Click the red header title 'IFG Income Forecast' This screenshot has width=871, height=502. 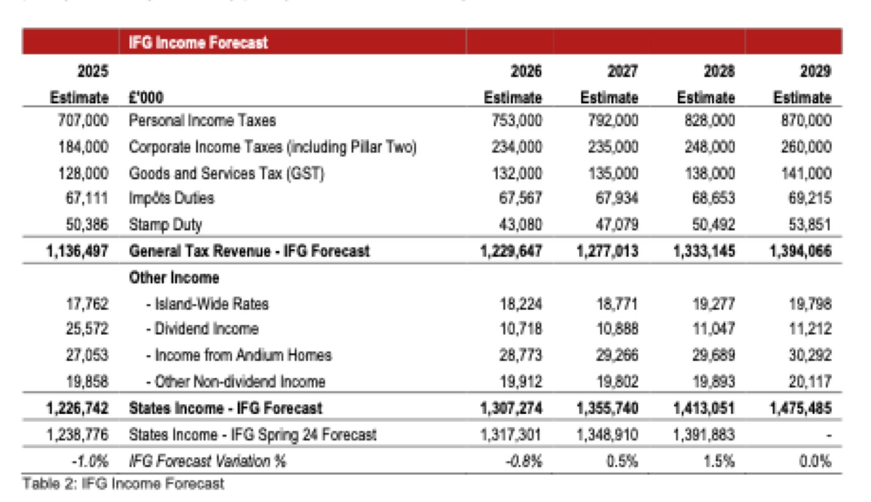pyautogui.click(x=198, y=42)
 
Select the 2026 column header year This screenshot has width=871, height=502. pyautogui.click(x=526, y=71)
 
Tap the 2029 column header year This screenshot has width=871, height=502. pyautogui.click(x=815, y=71)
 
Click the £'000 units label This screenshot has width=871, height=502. pyautogui.click(x=146, y=97)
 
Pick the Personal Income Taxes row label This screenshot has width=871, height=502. pyautogui.click(x=202, y=121)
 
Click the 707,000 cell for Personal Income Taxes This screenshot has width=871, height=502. pyautogui.click(x=83, y=121)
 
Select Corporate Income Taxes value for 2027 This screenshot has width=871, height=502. pyautogui.click(x=613, y=147)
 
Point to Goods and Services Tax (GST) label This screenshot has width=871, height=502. pyautogui.click(x=227, y=174)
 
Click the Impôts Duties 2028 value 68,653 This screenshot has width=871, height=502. pyautogui.click(x=714, y=198)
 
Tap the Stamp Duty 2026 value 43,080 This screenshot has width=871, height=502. pyautogui.click(x=520, y=225)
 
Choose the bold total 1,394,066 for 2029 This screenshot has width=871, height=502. pyautogui.click(x=801, y=252)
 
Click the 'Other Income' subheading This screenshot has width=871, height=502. pyautogui.click(x=174, y=278)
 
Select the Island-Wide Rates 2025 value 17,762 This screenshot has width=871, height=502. pyautogui.click(x=87, y=304)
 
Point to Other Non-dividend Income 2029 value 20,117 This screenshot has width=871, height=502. pyautogui.click(x=810, y=382)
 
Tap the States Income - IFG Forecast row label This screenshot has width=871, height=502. pyautogui.click(x=226, y=409)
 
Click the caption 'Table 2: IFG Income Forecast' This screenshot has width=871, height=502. pyautogui.click(x=123, y=484)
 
